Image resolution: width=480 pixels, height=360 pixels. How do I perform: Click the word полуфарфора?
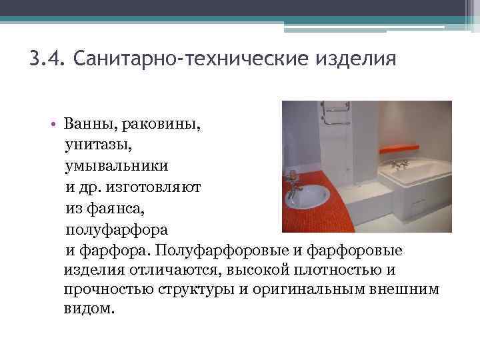[x=117, y=229]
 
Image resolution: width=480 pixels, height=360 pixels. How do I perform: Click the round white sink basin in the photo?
[x=309, y=196]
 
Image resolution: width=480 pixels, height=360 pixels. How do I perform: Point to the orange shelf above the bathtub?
[x=399, y=148]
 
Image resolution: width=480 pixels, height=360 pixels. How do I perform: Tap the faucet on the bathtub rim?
[x=400, y=164]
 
